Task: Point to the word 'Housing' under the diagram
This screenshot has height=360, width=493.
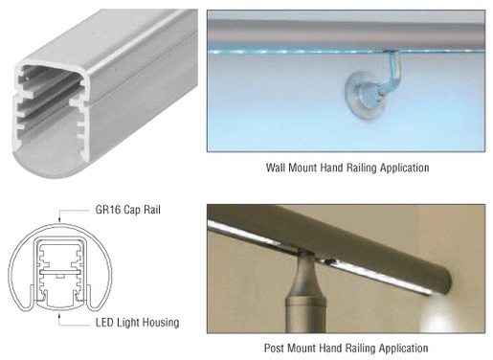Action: click(161, 323)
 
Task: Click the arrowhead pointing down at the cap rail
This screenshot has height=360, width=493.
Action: click(59, 219)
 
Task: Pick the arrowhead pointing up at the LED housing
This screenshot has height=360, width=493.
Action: click(59, 316)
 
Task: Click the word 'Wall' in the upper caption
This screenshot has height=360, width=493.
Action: click(276, 168)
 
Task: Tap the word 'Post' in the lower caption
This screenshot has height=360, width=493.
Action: click(275, 348)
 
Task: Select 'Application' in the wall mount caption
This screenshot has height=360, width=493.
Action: click(404, 168)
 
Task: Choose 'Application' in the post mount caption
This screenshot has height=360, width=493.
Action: click(403, 349)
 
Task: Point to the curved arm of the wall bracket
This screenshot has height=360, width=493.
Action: click(391, 75)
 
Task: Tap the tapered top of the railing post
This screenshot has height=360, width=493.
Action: click(305, 275)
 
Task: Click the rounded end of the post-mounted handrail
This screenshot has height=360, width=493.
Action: click(442, 281)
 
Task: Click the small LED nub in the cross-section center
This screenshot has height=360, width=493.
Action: click(59, 276)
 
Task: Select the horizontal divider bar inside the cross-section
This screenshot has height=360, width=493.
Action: click(59, 272)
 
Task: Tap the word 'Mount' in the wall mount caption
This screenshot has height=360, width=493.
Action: click(303, 168)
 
